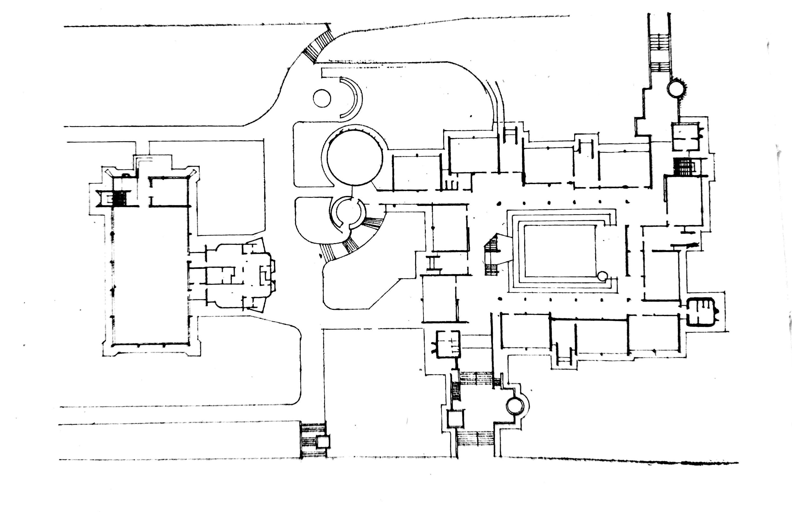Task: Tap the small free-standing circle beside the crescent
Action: coord(322,98)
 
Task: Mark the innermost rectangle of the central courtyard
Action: coord(560,251)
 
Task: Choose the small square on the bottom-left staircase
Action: coord(323,442)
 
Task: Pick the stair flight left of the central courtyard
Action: coord(492,255)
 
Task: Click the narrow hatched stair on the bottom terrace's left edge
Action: coord(455,391)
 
